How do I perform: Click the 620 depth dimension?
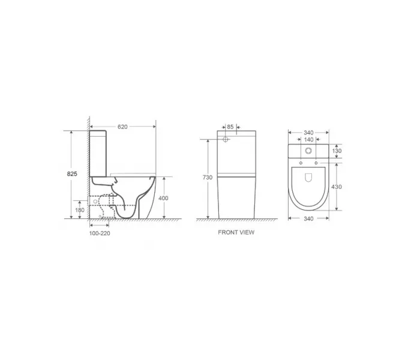click(x=122, y=127)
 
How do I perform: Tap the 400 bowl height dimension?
click(x=163, y=198)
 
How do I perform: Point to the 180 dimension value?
click(x=80, y=210)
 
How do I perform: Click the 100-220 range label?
click(x=100, y=232)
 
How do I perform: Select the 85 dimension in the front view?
click(x=230, y=127)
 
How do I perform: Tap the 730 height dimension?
click(x=206, y=178)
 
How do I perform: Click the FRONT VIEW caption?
click(x=236, y=232)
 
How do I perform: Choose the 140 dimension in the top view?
click(x=309, y=139)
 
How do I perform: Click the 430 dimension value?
click(x=337, y=187)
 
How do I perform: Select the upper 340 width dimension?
click(x=309, y=131)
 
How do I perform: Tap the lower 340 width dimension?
click(x=309, y=219)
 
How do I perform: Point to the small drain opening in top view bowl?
click(x=309, y=177)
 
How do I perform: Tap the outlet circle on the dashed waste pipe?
click(x=96, y=210)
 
